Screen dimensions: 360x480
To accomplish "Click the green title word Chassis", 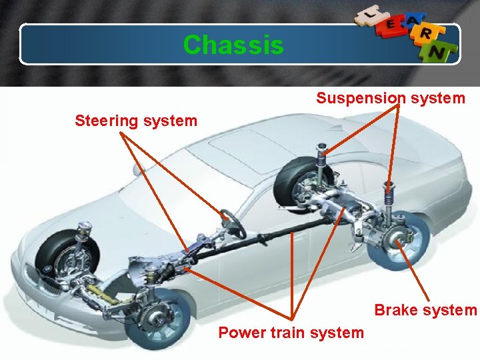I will click(x=233, y=45).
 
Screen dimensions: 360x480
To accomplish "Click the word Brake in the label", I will click(x=395, y=310).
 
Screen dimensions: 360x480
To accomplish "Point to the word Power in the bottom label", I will click(x=242, y=332).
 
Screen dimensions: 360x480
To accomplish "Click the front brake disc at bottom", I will click(x=159, y=318).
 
